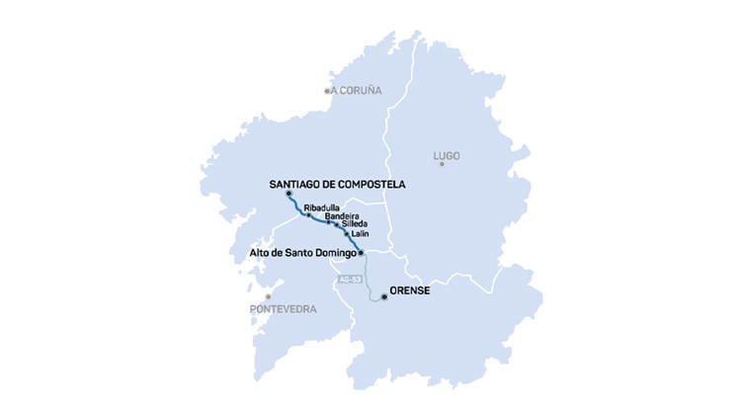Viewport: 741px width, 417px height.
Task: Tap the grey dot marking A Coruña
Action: (x=327, y=91)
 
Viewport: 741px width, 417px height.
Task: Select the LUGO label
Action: (x=447, y=156)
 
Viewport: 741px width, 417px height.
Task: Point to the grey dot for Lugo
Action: (x=442, y=164)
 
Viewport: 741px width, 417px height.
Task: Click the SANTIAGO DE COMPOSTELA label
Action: (x=338, y=184)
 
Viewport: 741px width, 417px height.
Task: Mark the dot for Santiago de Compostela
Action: (x=288, y=194)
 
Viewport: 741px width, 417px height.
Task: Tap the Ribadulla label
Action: (x=322, y=208)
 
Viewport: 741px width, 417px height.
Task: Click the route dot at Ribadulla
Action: (x=308, y=214)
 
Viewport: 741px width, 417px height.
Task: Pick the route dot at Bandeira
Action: (x=328, y=222)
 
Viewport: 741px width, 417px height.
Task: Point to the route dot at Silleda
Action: (x=337, y=226)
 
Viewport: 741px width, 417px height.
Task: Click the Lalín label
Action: (x=361, y=234)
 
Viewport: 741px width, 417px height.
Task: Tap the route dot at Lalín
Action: (x=347, y=235)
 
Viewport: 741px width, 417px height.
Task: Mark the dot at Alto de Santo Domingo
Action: (x=362, y=253)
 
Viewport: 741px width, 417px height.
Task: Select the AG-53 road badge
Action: (x=349, y=280)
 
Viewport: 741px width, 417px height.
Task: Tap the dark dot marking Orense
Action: (x=384, y=295)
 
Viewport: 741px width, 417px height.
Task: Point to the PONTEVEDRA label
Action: (x=284, y=309)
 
